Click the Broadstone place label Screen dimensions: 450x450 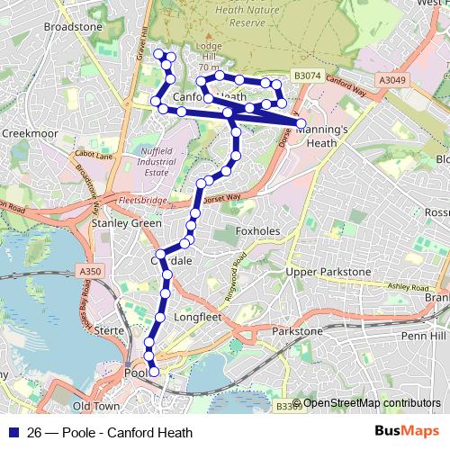coord(73,27)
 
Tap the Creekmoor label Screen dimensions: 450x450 coord(30,132)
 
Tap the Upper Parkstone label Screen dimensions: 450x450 coord(328,272)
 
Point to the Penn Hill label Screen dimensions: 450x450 coord(424,335)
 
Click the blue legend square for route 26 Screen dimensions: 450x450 coord(12,432)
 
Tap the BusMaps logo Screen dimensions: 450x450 coord(407,431)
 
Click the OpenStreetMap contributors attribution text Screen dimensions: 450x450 coord(371,403)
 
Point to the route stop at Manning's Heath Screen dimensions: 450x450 coord(301,123)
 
